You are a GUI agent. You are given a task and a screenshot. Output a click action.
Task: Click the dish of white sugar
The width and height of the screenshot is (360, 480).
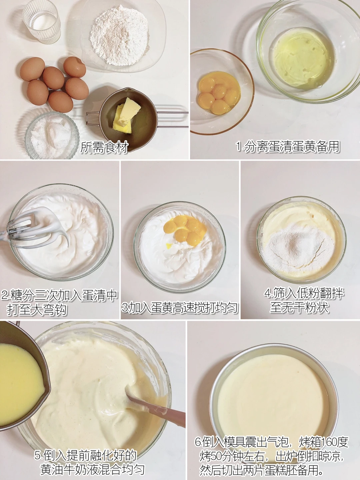pyautogui.click(x=52, y=135)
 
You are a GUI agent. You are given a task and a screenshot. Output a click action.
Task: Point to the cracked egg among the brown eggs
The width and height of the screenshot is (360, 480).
pyautogui.click(x=75, y=67)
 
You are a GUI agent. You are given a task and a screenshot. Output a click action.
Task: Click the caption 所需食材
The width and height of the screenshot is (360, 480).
pyautogui.click(x=104, y=147)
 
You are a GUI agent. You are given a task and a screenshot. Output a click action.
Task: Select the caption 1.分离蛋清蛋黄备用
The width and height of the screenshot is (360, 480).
pyautogui.click(x=288, y=147)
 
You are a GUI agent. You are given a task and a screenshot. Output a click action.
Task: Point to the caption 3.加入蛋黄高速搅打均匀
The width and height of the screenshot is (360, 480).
pyautogui.click(x=180, y=308)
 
